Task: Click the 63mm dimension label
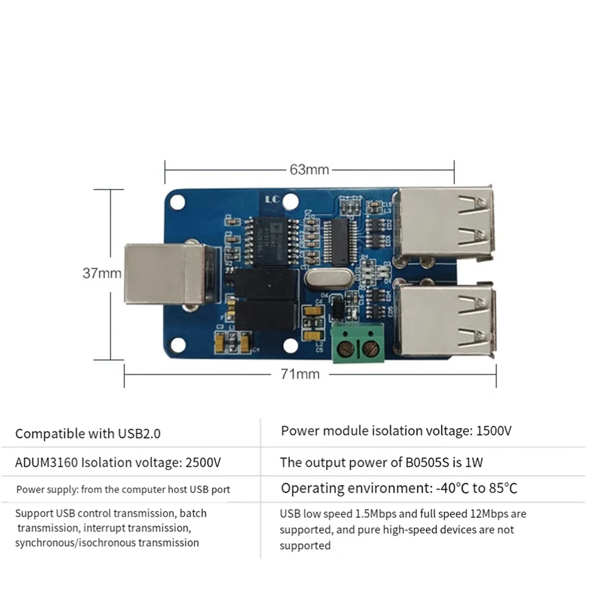click(x=309, y=170)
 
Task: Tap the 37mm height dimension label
click(x=102, y=273)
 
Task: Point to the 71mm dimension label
click(x=300, y=374)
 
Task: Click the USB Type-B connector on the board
click(x=161, y=274)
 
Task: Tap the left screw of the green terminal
click(x=346, y=348)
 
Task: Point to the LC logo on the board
click(x=272, y=199)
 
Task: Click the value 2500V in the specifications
click(x=203, y=463)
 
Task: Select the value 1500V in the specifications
click(x=493, y=431)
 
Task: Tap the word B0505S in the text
click(x=427, y=463)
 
